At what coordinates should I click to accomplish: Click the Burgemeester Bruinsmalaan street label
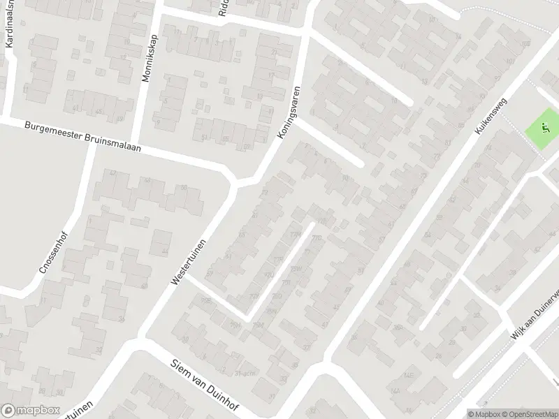[x=82, y=137]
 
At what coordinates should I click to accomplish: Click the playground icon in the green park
[x=545, y=128]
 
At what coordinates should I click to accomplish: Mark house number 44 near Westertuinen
[x=166, y=252]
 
